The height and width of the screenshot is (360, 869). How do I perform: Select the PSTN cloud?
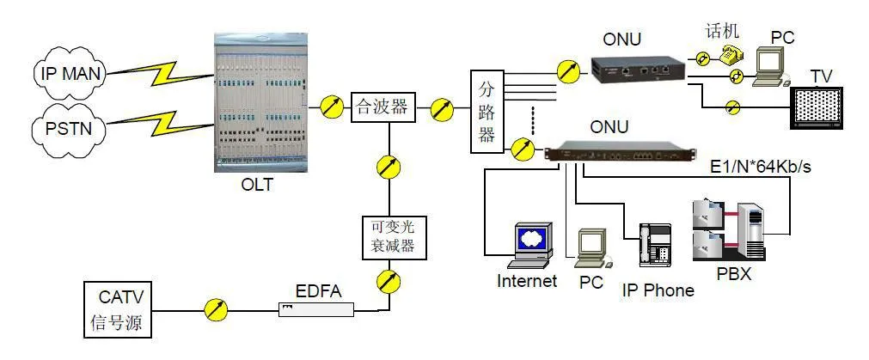pos(70,130)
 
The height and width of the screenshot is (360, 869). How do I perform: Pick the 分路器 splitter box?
pos(487,111)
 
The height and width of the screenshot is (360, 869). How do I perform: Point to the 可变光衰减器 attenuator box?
pos(389,233)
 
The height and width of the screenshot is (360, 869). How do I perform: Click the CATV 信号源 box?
pos(119,311)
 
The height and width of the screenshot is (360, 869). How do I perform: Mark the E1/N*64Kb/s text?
pos(760,167)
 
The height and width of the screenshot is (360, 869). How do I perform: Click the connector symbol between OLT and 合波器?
pos(329,107)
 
